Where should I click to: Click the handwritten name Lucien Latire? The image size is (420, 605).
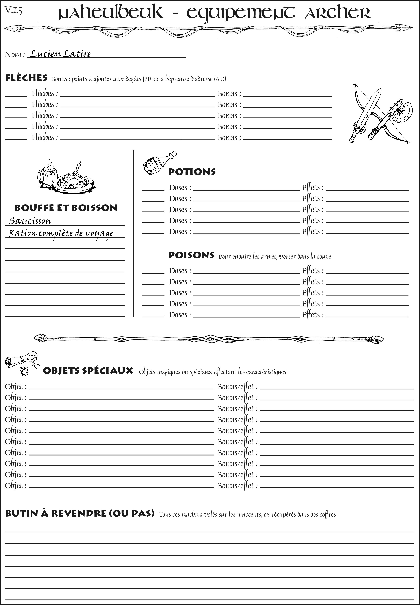[61, 54]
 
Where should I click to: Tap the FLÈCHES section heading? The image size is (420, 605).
[26, 78]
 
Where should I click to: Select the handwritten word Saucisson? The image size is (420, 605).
[30, 221]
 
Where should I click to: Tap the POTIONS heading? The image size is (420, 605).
[192, 172]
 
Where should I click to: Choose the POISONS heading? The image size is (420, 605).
[191, 255]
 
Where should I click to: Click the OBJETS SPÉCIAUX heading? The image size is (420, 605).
[88, 371]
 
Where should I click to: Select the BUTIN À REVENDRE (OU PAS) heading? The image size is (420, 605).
[79, 513]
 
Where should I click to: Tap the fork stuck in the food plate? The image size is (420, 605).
[78, 167]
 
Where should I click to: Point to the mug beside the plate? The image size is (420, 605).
[47, 175]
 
